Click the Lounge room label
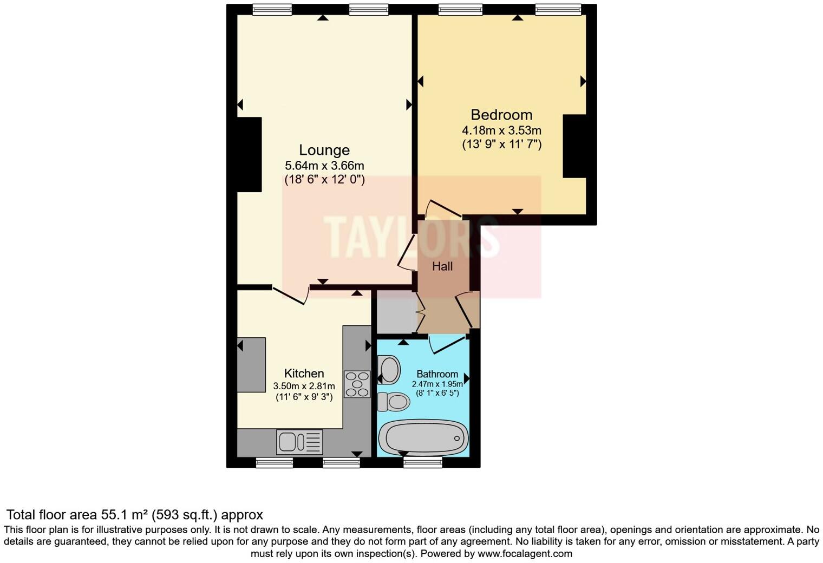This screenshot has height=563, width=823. [x=324, y=150]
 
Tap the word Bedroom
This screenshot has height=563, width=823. [x=501, y=115]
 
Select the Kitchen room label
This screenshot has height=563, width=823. [x=304, y=374]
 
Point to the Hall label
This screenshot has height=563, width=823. [x=442, y=266]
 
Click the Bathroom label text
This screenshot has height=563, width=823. [x=437, y=374]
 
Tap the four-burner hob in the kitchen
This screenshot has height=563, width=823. [x=357, y=384]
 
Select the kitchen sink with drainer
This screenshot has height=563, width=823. [x=299, y=442]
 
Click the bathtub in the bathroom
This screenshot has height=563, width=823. [x=422, y=438]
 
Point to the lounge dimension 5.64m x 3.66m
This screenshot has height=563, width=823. [x=324, y=166]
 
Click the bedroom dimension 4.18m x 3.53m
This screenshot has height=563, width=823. [x=501, y=130]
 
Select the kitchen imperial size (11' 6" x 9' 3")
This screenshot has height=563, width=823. [x=304, y=397]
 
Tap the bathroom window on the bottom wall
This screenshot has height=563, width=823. [x=423, y=461]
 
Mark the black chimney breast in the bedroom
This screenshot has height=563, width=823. [x=574, y=146]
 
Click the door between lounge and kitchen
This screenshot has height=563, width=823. [x=291, y=294]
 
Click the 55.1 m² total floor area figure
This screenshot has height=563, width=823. [x=125, y=515]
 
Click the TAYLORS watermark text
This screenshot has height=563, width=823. [x=412, y=237]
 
